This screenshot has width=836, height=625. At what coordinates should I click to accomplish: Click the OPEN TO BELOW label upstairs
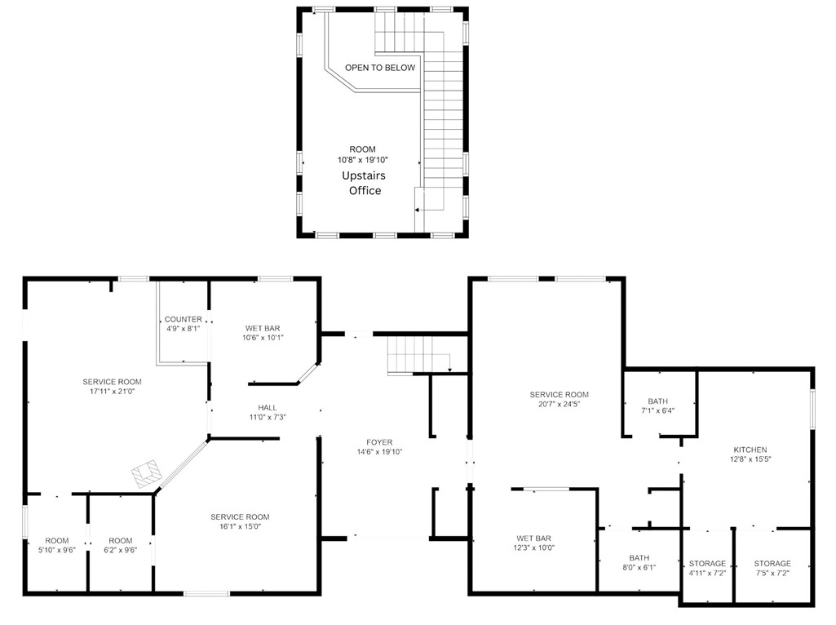point(379,68)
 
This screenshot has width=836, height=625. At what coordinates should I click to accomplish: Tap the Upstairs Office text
point(365,183)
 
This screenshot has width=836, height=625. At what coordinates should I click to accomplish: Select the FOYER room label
point(379,441)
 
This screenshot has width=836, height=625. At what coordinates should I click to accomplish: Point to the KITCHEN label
point(750,450)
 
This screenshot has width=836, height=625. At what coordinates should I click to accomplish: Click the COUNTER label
point(183,319)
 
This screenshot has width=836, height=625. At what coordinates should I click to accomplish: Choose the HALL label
point(268,407)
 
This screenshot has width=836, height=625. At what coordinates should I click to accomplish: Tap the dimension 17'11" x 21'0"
point(112,392)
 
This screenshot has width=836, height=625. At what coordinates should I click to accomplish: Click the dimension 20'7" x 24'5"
point(558,405)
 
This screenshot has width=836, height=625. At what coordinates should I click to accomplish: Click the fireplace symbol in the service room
point(148,472)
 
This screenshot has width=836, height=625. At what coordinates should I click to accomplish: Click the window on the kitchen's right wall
point(812,408)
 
